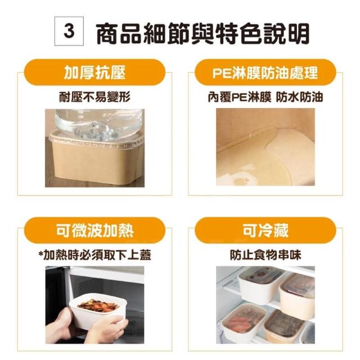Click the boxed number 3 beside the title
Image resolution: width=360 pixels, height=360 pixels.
[69, 31]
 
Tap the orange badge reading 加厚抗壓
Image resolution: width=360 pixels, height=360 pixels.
[94, 73]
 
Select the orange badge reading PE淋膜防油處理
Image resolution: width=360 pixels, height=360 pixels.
[265, 73]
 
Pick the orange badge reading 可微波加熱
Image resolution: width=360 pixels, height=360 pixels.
[94, 230]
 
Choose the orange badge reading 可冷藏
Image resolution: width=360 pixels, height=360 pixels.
[265, 230]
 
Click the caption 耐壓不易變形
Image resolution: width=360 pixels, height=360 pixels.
[95, 97]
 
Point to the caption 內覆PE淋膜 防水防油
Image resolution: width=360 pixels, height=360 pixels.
[265, 97]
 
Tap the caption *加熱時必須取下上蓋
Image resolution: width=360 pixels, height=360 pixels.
[95, 255]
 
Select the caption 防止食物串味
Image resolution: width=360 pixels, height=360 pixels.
[265, 255]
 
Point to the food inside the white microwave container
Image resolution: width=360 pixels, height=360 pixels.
[98, 305]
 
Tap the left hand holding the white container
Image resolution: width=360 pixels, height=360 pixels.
[60, 326]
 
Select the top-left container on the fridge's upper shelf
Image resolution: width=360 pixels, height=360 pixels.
[260, 282]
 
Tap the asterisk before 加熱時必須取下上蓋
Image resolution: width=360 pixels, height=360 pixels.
[41, 253]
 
